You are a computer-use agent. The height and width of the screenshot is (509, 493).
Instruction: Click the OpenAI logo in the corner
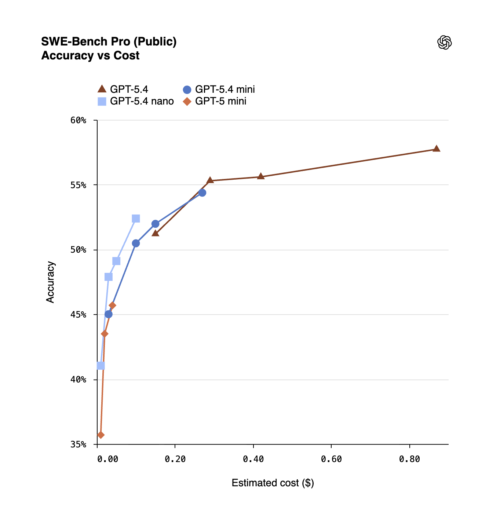coord(444,43)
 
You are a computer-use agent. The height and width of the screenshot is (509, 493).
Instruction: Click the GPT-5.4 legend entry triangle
coord(102,89)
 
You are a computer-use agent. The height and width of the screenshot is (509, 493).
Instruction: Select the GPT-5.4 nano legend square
coord(102,101)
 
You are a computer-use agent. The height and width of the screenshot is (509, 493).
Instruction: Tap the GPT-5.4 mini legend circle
coord(187,89)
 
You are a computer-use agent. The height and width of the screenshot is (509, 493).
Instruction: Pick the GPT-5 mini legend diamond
coord(187,101)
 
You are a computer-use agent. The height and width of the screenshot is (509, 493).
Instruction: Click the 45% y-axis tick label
coord(78,315)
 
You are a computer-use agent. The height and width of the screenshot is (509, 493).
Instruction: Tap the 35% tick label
coord(78,444)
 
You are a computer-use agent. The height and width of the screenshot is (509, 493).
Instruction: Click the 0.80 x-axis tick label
coord(409,459)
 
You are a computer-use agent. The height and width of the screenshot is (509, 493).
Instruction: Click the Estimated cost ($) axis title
coord(273,483)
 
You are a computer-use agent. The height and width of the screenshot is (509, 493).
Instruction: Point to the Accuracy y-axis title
coord(50,282)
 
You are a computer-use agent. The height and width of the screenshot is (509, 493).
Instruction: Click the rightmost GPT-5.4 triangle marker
coord(436,149)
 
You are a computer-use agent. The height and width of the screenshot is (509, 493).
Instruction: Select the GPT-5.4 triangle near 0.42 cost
coord(260,176)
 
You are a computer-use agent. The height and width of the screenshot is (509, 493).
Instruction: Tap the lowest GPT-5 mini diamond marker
coord(101,435)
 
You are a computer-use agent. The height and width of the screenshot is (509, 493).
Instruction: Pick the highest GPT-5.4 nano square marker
coord(136,219)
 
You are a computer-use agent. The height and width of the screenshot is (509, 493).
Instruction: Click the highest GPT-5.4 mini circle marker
coord(202,193)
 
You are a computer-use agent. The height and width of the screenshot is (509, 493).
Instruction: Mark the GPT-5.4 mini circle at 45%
coord(109,314)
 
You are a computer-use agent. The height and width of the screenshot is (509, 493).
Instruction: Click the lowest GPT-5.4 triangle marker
coord(155,233)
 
